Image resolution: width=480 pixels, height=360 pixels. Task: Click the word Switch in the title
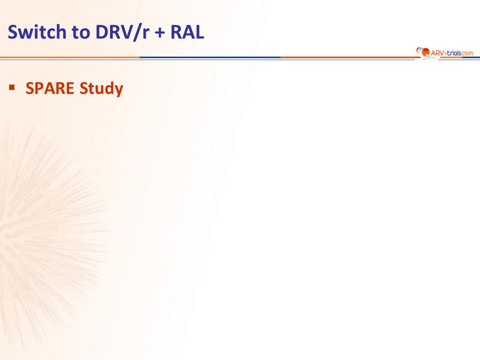37,32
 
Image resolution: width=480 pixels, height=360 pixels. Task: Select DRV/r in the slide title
122,32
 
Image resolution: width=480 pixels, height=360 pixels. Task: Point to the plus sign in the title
160,33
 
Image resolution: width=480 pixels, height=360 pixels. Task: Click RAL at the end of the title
187,32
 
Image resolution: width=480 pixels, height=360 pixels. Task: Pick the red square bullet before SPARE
12,88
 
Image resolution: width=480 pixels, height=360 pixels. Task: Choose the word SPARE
50,88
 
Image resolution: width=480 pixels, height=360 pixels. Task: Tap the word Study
101,89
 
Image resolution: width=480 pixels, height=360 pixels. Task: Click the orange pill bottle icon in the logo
424,52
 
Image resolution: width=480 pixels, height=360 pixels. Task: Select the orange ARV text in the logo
437,53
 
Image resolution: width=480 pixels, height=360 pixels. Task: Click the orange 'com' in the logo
467,53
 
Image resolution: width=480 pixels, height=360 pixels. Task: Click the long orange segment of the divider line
70,57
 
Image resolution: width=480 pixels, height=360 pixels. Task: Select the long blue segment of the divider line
210,57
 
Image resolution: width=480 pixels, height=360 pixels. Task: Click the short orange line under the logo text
451,57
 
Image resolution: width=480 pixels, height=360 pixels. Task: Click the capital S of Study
83,88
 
